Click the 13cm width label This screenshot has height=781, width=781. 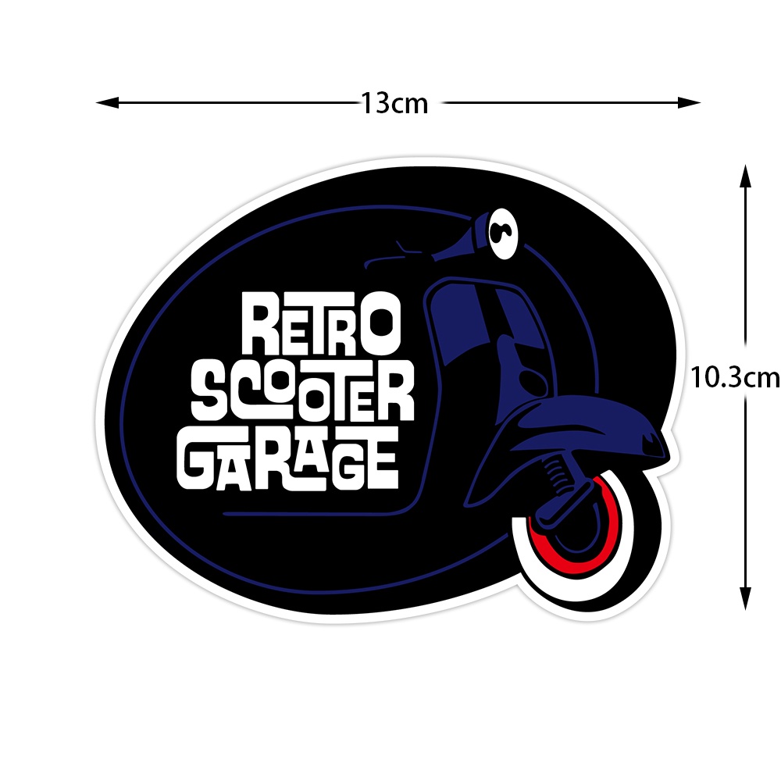[x=394, y=103]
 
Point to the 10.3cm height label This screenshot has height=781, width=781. [x=735, y=378]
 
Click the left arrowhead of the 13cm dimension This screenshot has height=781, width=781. [x=106, y=102]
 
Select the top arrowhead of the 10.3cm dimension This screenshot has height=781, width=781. [x=745, y=176]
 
